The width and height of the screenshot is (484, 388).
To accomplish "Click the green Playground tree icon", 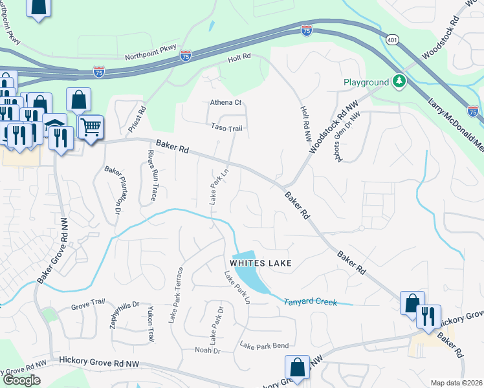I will point(400,81).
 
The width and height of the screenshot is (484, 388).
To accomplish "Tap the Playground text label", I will point(366,82).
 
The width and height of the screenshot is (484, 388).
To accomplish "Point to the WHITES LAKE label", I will point(259,263).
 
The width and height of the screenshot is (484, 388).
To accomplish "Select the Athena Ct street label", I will point(225,102).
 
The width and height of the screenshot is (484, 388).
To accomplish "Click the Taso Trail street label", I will point(226,128).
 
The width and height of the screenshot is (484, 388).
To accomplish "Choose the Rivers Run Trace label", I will point(153,176).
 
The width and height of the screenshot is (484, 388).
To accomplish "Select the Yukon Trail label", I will point(150,323).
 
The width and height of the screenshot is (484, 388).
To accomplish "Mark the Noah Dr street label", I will point(208,350).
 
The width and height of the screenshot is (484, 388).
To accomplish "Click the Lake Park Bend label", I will point(264,345).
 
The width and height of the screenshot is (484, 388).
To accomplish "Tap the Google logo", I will point(21,380).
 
